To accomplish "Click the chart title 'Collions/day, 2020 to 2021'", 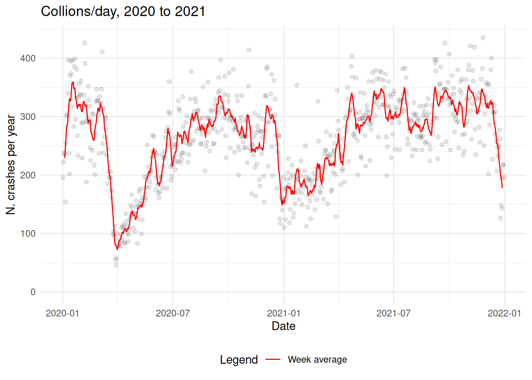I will pyautogui.click(x=123, y=11).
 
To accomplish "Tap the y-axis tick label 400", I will pyautogui.click(x=28, y=58).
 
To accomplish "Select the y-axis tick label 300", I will pyautogui.click(x=28, y=117).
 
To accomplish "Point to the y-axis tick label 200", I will pyautogui.click(x=28, y=175).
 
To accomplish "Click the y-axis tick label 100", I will pyautogui.click(x=28, y=234).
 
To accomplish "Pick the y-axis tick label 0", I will pyautogui.click(x=33, y=292).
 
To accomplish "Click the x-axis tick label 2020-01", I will pyautogui.click(x=63, y=313).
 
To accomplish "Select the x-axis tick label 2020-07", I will pyautogui.click(x=173, y=313).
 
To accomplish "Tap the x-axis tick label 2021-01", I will pyautogui.click(x=284, y=313).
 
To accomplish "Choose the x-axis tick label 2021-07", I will pyautogui.click(x=393, y=313).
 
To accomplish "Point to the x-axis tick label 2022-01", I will pyautogui.click(x=504, y=313).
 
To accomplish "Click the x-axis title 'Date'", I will pyautogui.click(x=283, y=326).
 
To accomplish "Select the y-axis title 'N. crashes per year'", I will pyautogui.click(x=11, y=165).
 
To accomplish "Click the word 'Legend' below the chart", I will pyautogui.click(x=239, y=360).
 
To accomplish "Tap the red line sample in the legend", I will pyautogui.click(x=273, y=359).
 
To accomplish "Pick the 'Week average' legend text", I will pyautogui.click(x=317, y=359).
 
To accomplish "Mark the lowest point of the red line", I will pyautogui.click(x=117, y=249).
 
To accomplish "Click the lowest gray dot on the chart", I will pyautogui.click(x=116, y=265).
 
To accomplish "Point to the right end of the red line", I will pyautogui.click(x=502, y=188).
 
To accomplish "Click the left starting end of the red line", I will pyautogui.click(x=65, y=158).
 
